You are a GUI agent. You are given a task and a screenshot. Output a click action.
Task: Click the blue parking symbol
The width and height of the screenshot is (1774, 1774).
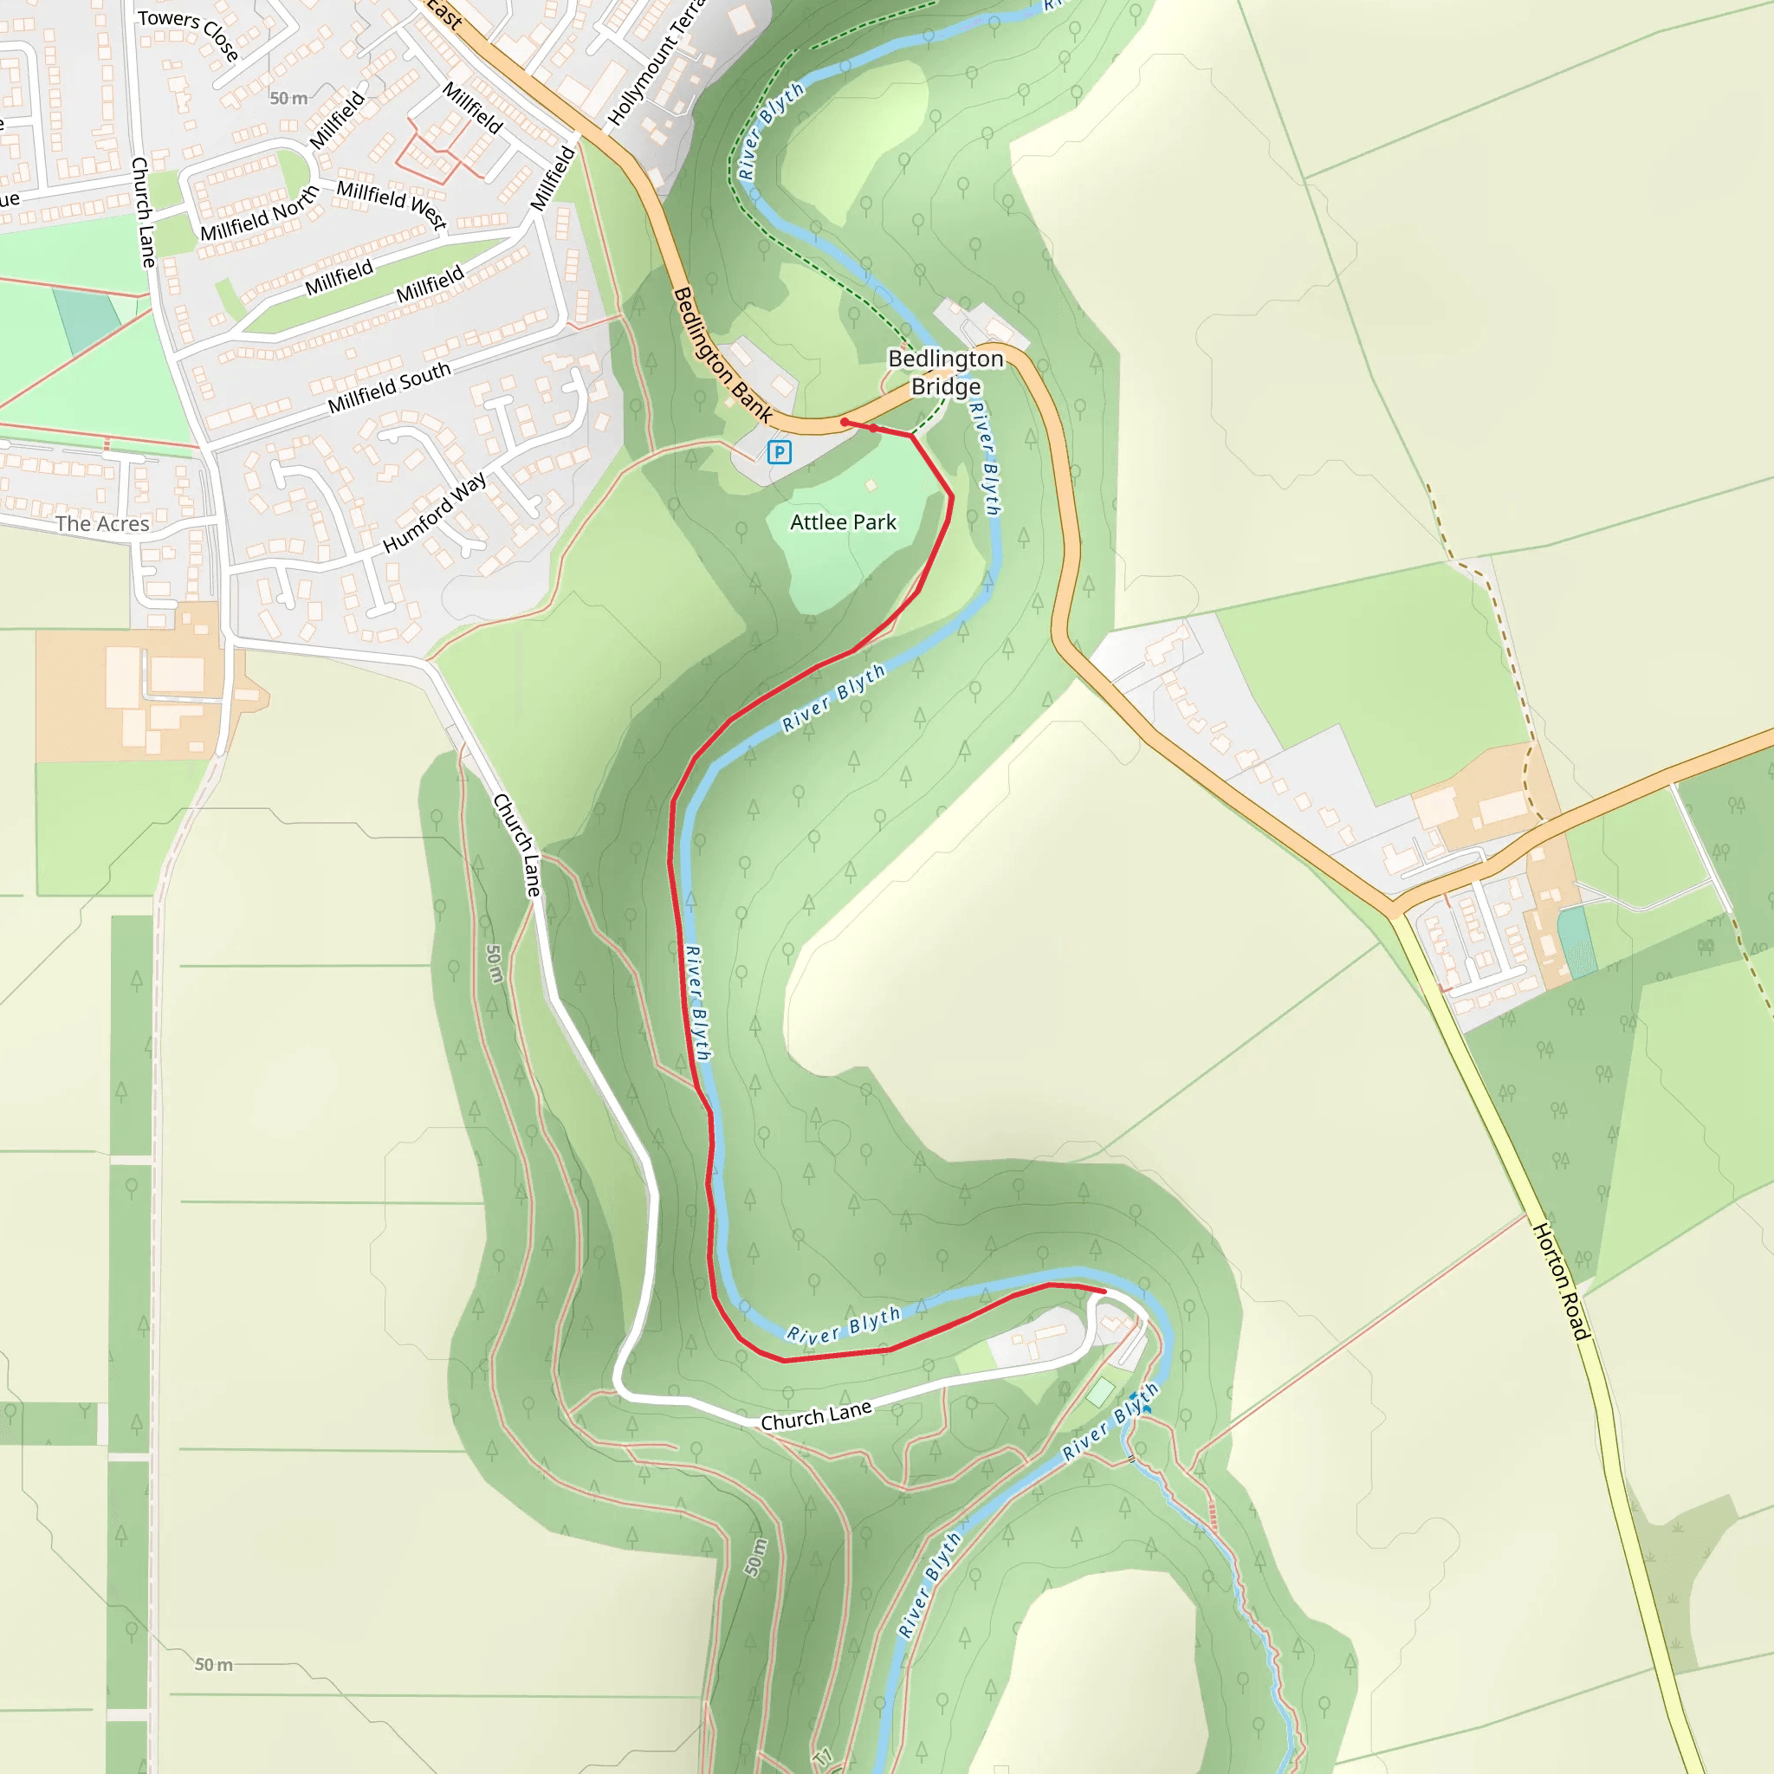pos(779,452)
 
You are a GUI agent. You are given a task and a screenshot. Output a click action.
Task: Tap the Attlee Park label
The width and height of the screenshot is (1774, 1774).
pos(843,522)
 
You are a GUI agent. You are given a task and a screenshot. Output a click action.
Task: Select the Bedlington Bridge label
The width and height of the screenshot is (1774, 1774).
pos(946,372)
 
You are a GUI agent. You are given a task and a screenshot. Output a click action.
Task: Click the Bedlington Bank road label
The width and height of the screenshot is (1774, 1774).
pos(722,354)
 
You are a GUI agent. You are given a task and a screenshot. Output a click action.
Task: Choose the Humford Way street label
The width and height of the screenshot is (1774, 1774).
pos(433,514)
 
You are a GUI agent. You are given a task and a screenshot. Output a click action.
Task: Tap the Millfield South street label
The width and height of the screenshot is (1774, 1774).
pos(389,386)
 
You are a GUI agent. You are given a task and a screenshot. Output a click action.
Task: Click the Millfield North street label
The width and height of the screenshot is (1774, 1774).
pos(259,213)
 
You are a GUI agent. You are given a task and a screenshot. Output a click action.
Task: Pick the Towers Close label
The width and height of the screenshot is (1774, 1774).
pos(188,34)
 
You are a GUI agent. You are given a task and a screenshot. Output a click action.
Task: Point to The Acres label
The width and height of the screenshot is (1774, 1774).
pos(102,524)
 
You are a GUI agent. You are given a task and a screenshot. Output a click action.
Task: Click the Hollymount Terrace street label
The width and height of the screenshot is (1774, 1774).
pos(657,64)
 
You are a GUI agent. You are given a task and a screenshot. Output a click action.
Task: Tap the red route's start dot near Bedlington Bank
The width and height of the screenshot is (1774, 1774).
pos(845,423)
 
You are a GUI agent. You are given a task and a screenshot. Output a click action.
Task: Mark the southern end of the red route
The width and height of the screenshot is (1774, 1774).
pos(1103,1291)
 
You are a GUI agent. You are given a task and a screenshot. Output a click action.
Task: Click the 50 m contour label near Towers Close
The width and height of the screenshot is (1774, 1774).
pos(289,98)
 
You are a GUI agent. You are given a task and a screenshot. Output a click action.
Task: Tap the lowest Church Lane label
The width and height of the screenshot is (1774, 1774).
pos(815,1415)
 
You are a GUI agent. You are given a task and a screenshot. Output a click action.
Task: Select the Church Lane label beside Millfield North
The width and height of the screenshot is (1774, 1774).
pos(143,212)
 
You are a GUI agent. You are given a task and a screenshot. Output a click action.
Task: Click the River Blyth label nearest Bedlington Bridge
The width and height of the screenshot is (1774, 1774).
pos(984,457)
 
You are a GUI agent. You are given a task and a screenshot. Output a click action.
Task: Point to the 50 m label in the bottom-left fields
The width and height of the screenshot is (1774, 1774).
pos(214,1665)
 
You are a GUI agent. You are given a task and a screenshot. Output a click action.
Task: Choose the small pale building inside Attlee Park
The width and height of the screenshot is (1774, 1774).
pos(871,485)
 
